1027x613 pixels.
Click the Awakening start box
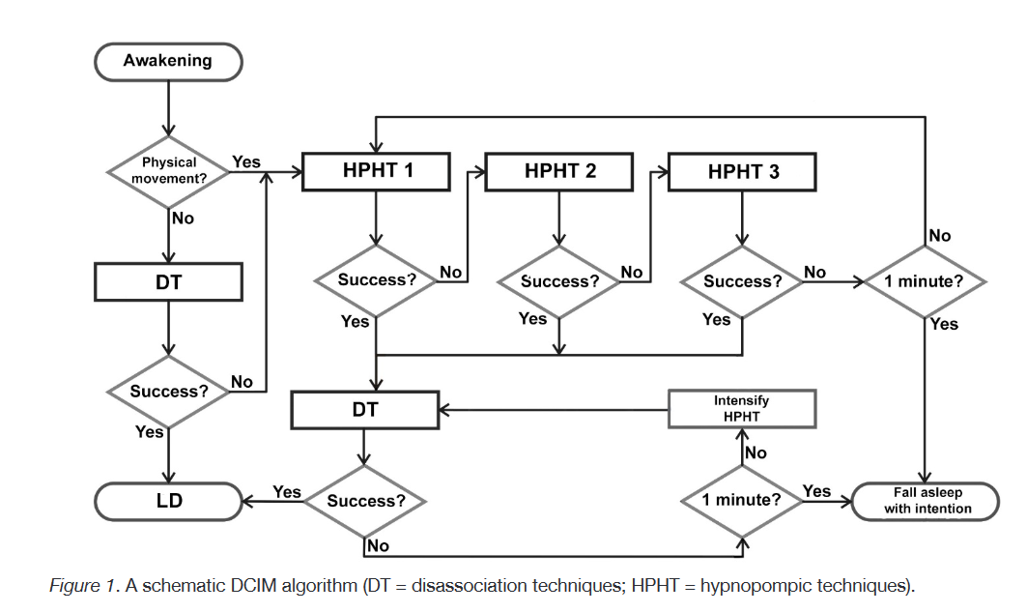click(x=167, y=62)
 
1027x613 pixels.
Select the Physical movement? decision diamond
click(x=169, y=171)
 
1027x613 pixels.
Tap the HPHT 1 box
click(x=377, y=172)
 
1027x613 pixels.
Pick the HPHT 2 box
click(x=559, y=172)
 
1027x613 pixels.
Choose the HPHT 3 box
click(x=743, y=172)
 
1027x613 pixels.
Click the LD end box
click(x=168, y=501)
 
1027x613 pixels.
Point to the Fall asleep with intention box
click(x=927, y=501)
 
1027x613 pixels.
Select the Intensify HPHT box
click(x=742, y=409)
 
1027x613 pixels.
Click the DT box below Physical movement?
click(x=168, y=282)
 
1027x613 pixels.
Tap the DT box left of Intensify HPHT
click(x=364, y=410)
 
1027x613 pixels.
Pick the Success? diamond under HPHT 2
click(x=559, y=282)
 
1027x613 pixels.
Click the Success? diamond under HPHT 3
click(x=742, y=282)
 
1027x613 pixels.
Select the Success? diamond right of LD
click(x=365, y=501)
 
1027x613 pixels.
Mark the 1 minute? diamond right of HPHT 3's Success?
click(x=926, y=282)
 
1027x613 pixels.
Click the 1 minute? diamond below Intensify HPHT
click(x=742, y=501)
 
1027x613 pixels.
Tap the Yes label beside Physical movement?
click(x=246, y=162)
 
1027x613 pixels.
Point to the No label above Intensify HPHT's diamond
click(x=756, y=452)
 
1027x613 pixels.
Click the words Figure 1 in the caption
click(x=82, y=586)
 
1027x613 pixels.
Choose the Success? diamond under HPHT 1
click(x=376, y=280)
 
